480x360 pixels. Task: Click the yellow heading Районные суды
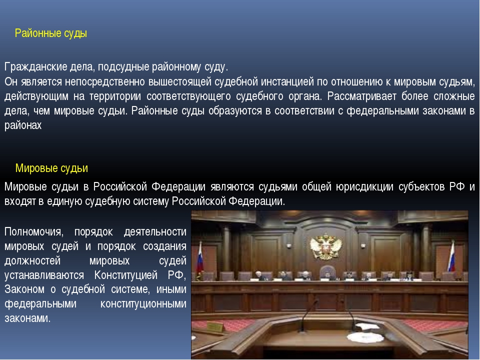tap(51, 33)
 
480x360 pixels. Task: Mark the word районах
tap(23, 125)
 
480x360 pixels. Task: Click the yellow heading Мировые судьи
tap(51, 168)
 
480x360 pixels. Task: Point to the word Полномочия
tap(34, 231)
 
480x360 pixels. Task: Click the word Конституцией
tap(126, 275)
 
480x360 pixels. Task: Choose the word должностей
tap(32, 261)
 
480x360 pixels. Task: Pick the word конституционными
tap(143, 304)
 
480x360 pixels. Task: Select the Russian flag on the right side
tap(451, 256)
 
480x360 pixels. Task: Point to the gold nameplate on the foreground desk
tap(215, 327)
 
